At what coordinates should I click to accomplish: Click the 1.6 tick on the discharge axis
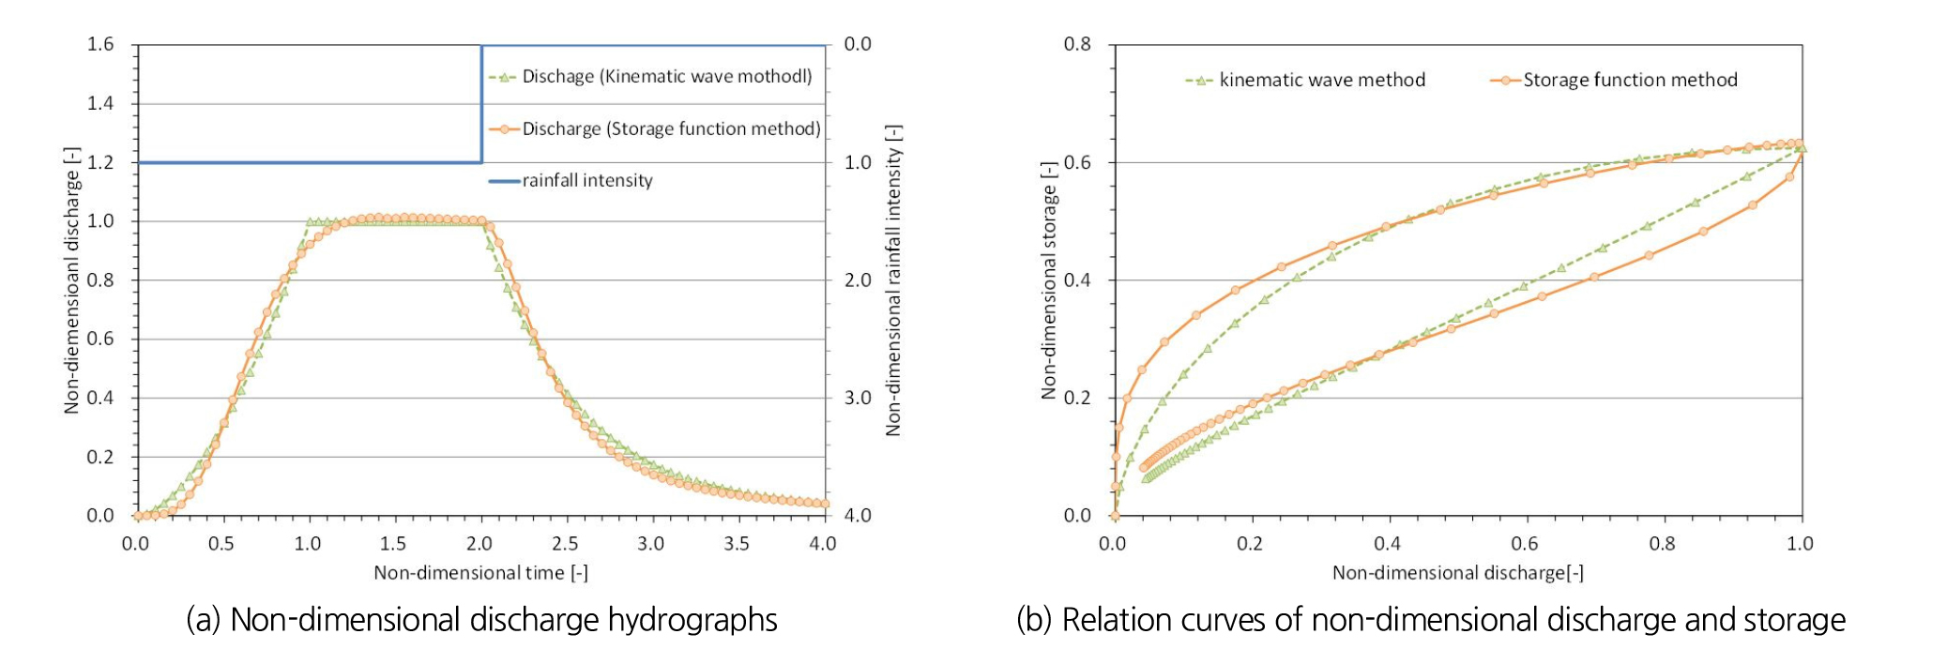pyautogui.click(x=100, y=44)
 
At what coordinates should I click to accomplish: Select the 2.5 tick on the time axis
pyautogui.click(x=565, y=544)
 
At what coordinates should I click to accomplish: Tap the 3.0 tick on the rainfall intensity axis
pyautogui.click(x=858, y=398)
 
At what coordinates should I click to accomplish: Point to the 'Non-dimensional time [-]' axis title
pyautogui.click(x=480, y=573)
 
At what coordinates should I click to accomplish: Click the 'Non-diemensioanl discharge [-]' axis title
pyautogui.click(x=71, y=279)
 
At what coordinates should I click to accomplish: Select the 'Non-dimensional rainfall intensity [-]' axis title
pyautogui.click(x=893, y=279)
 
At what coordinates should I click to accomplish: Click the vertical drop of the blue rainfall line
pyautogui.click(x=481, y=103)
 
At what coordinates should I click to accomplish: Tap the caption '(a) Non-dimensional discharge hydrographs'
pyautogui.click(x=481, y=620)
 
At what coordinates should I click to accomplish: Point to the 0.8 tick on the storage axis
pyautogui.click(x=1078, y=44)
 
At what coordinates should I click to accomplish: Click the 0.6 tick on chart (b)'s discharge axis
pyautogui.click(x=1525, y=544)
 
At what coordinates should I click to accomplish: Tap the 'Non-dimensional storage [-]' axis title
pyautogui.click(x=1048, y=279)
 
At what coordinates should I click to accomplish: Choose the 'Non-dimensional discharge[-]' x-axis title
pyautogui.click(x=1457, y=573)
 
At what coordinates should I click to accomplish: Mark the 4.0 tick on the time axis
pyautogui.click(x=823, y=544)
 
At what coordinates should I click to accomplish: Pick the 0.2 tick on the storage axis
pyautogui.click(x=1078, y=398)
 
